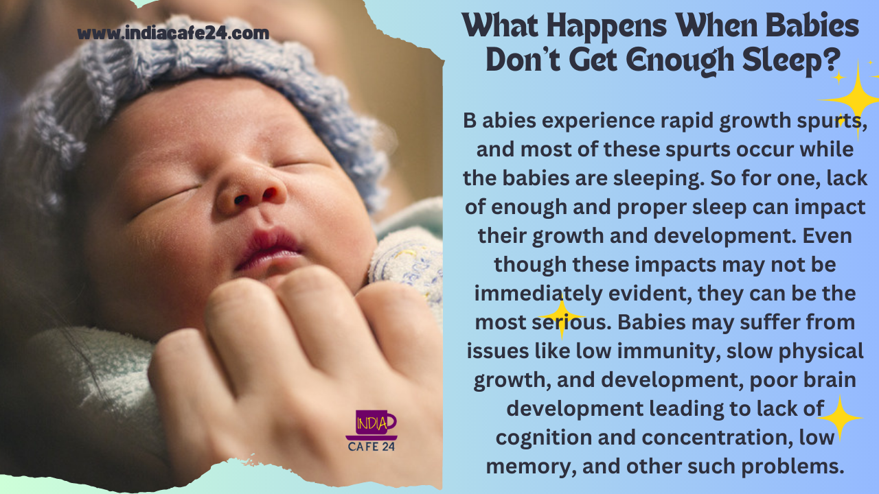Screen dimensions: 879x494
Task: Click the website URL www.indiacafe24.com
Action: click(173, 33)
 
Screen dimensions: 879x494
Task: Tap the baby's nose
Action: click(251, 192)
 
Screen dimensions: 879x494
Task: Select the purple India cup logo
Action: click(372, 425)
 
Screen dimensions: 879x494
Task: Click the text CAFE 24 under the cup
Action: click(372, 447)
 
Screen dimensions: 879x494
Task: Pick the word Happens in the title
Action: click(606, 27)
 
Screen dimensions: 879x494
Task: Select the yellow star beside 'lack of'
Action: click(840, 418)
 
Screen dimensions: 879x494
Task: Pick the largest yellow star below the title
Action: click(858, 100)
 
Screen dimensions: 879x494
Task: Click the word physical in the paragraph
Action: click(821, 351)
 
